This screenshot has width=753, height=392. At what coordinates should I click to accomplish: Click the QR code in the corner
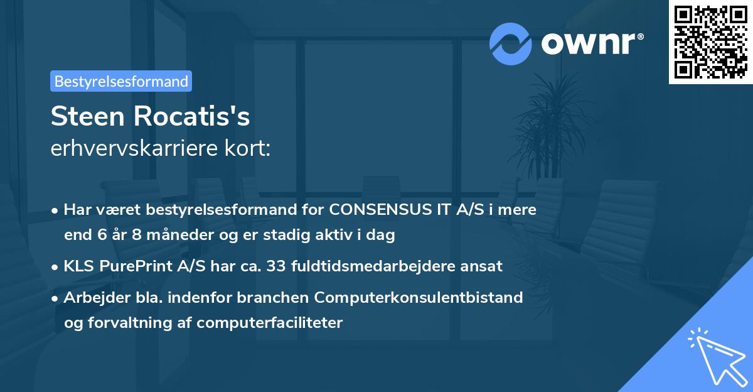click(x=710, y=42)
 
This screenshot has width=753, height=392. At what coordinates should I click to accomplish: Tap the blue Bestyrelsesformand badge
click(x=121, y=81)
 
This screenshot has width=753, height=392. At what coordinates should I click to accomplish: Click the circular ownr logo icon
click(x=511, y=43)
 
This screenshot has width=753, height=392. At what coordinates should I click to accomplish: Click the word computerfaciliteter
click(x=270, y=323)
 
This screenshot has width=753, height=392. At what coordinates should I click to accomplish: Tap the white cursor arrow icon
click(x=715, y=356)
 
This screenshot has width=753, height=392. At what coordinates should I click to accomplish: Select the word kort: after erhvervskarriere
click(x=249, y=148)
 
